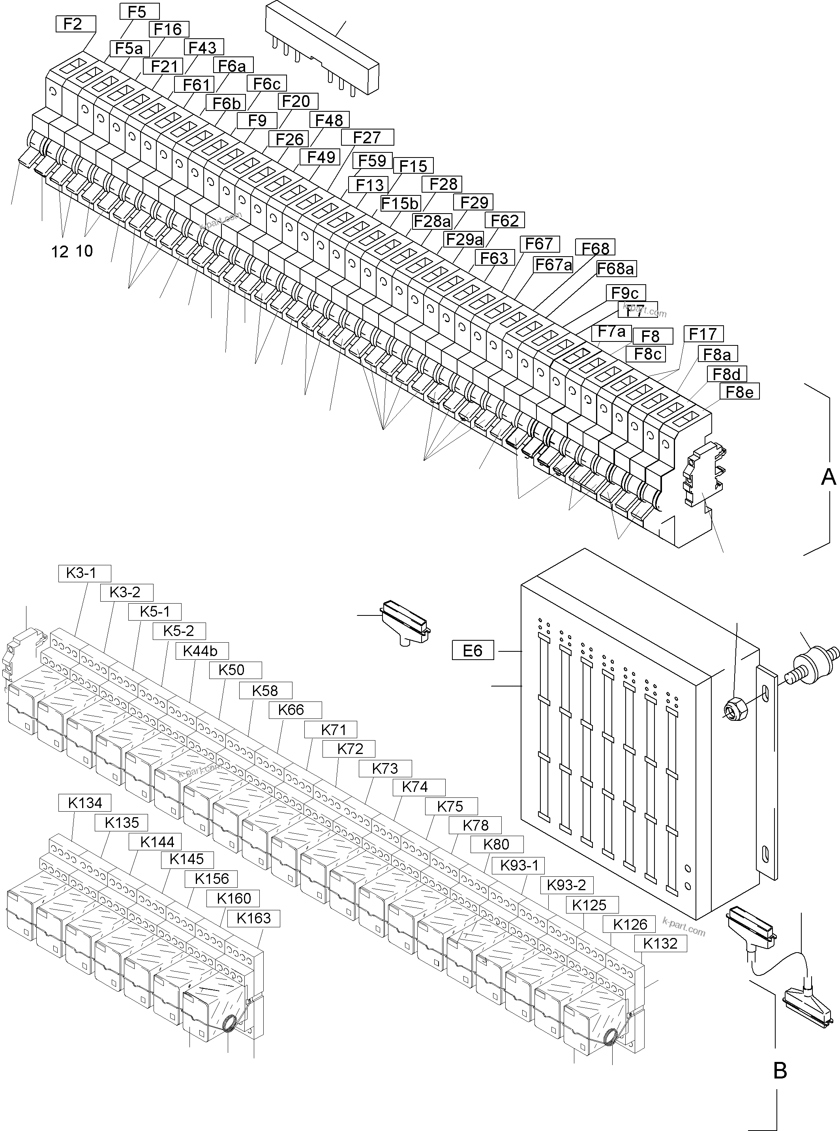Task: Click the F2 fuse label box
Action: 76,24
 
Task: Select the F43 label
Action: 203,48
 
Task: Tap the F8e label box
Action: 739,392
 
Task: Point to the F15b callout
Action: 401,203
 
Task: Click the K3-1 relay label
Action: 81,573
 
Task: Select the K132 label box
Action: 660,943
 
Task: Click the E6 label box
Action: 472,651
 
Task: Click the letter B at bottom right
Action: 780,1071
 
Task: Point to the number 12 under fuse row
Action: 60,251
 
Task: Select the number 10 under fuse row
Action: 85,251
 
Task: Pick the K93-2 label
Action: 566,885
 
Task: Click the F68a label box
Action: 616,268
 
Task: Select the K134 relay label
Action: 85,803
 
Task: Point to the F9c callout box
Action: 625,293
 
